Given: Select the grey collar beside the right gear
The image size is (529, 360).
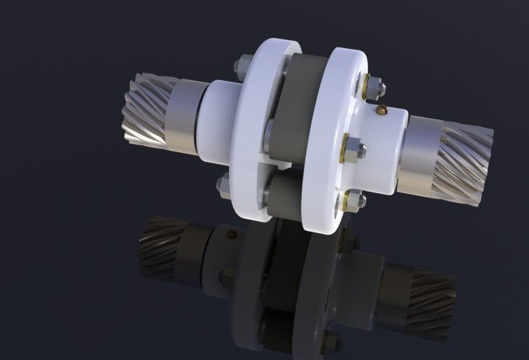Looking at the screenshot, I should coord(423,145).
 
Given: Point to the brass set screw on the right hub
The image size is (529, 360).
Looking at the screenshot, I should coord(381,111).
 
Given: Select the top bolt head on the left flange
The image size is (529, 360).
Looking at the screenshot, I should coord(240,69).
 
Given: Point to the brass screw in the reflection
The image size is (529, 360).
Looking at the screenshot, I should coord(231,235).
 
